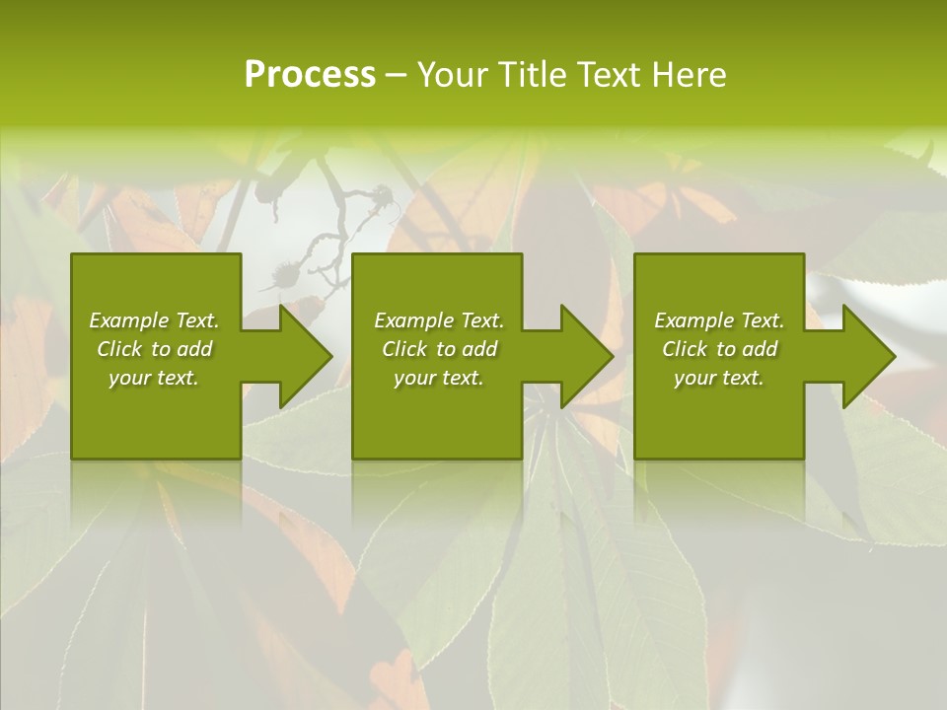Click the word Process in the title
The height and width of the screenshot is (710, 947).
310,75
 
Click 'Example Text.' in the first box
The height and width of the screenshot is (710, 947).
154,320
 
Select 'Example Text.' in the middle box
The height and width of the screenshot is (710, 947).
438,320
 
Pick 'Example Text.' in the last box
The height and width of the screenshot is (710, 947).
719,320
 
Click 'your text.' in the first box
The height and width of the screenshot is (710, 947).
154,379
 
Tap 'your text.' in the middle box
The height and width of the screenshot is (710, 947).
438,379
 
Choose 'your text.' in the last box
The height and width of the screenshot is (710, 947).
719,379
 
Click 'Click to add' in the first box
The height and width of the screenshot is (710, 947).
154,349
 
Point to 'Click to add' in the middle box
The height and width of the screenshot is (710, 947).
438,349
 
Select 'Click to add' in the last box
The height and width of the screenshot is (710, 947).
719,349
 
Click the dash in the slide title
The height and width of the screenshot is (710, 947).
397,75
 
